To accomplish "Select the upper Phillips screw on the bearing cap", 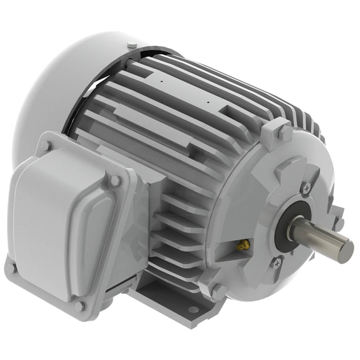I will tap(307, 187).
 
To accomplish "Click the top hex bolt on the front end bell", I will tap(283, 131).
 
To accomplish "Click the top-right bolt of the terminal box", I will tap(115, 180).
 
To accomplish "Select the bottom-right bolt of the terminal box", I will tap(79, 305).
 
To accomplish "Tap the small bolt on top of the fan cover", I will tap(133, 46).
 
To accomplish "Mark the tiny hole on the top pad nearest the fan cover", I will tap(161, 79).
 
